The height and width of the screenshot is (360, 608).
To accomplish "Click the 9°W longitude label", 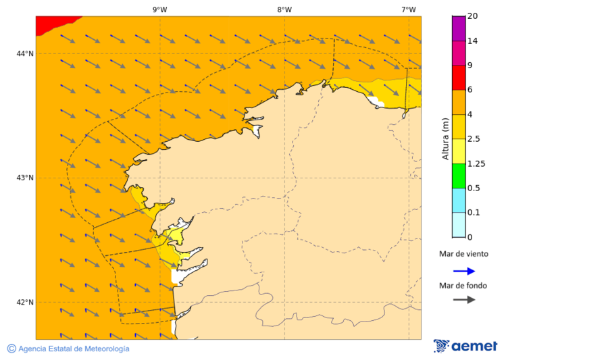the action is click(x=159, y=9).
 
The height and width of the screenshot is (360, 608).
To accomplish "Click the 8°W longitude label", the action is click(x=284, y=9).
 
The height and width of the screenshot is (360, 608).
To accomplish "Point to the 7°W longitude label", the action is click(x=409, y=9).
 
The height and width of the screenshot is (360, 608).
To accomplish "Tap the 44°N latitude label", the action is click(x=25, y=53).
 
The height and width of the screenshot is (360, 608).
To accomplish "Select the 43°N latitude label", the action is click(x=25, y=178).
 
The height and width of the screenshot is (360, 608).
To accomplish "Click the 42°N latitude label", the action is click(x=25, y=302).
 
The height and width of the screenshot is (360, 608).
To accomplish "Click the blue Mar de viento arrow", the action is click(x=464, y=271).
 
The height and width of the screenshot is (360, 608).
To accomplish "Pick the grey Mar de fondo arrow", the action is click(x=464, y=299).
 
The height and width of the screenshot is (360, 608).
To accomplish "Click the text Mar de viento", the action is click(x=463, y=254).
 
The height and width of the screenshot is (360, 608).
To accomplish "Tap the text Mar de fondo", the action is click(x=463, y=285).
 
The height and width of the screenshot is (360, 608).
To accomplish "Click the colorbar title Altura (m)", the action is click(x=445, y=138).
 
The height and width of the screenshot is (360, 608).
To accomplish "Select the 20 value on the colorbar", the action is click(x=472, y=16).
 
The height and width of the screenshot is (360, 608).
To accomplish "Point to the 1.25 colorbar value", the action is click(x=476, y=163).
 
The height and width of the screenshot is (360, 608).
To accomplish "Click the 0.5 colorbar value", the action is click(x=474, y=188).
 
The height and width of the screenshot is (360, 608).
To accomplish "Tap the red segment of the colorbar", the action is click(x=458, y=78).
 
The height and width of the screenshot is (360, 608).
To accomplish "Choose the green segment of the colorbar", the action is click(x=458, y=176).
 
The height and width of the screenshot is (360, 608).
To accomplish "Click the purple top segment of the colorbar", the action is click(x=458, y=28).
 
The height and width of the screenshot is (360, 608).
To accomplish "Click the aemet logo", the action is click(x=465, y=346).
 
